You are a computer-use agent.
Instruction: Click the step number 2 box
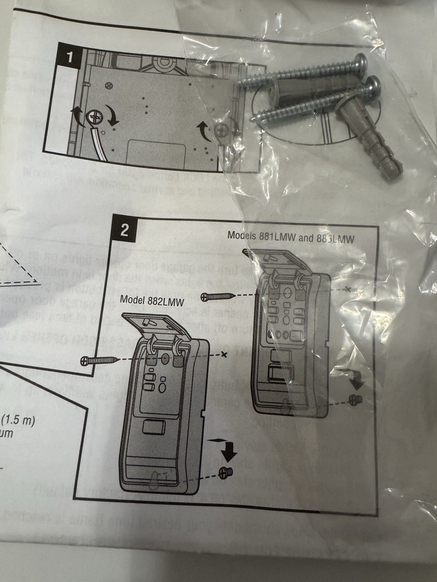[124, 230]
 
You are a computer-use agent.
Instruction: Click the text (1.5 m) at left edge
[19, 419]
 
